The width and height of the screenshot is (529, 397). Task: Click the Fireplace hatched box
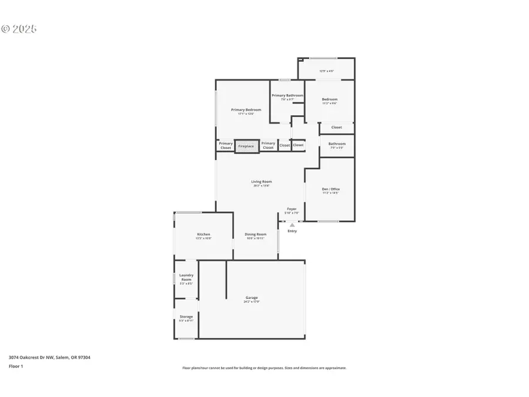(x=246, y=146)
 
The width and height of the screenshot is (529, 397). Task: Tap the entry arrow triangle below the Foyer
(x=292, y=225)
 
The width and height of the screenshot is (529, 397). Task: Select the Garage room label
(x=252, y=298)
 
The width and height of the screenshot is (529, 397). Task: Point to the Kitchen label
(x=203, y=234)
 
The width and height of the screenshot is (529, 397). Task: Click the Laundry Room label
(x=186, y=277)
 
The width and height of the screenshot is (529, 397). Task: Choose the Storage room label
(x=186, y=316)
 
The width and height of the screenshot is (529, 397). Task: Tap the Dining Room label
(x=256, y=234)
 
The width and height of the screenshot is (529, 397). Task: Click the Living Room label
(x=262, y=182)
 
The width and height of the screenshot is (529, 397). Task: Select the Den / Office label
(x=330, y=189)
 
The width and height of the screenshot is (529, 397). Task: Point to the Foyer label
(x=292, y=209)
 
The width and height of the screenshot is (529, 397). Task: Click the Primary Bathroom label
(x=287, y=95)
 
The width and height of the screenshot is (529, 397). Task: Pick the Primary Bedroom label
(x=246, y=109)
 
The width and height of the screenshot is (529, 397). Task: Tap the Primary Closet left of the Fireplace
(x=226, y=145)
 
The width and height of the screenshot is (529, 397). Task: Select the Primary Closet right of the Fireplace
(x=268, y=145)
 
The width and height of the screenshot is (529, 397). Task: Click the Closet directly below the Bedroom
(x=336, y=127)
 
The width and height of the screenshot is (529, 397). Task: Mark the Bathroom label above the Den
(x=337, y=144)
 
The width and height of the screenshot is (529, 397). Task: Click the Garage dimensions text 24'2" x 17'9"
(x=252, y=302)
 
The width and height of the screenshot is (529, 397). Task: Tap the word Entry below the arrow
(x=292, y=231)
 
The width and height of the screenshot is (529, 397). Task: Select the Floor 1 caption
(x=15, y=366)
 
